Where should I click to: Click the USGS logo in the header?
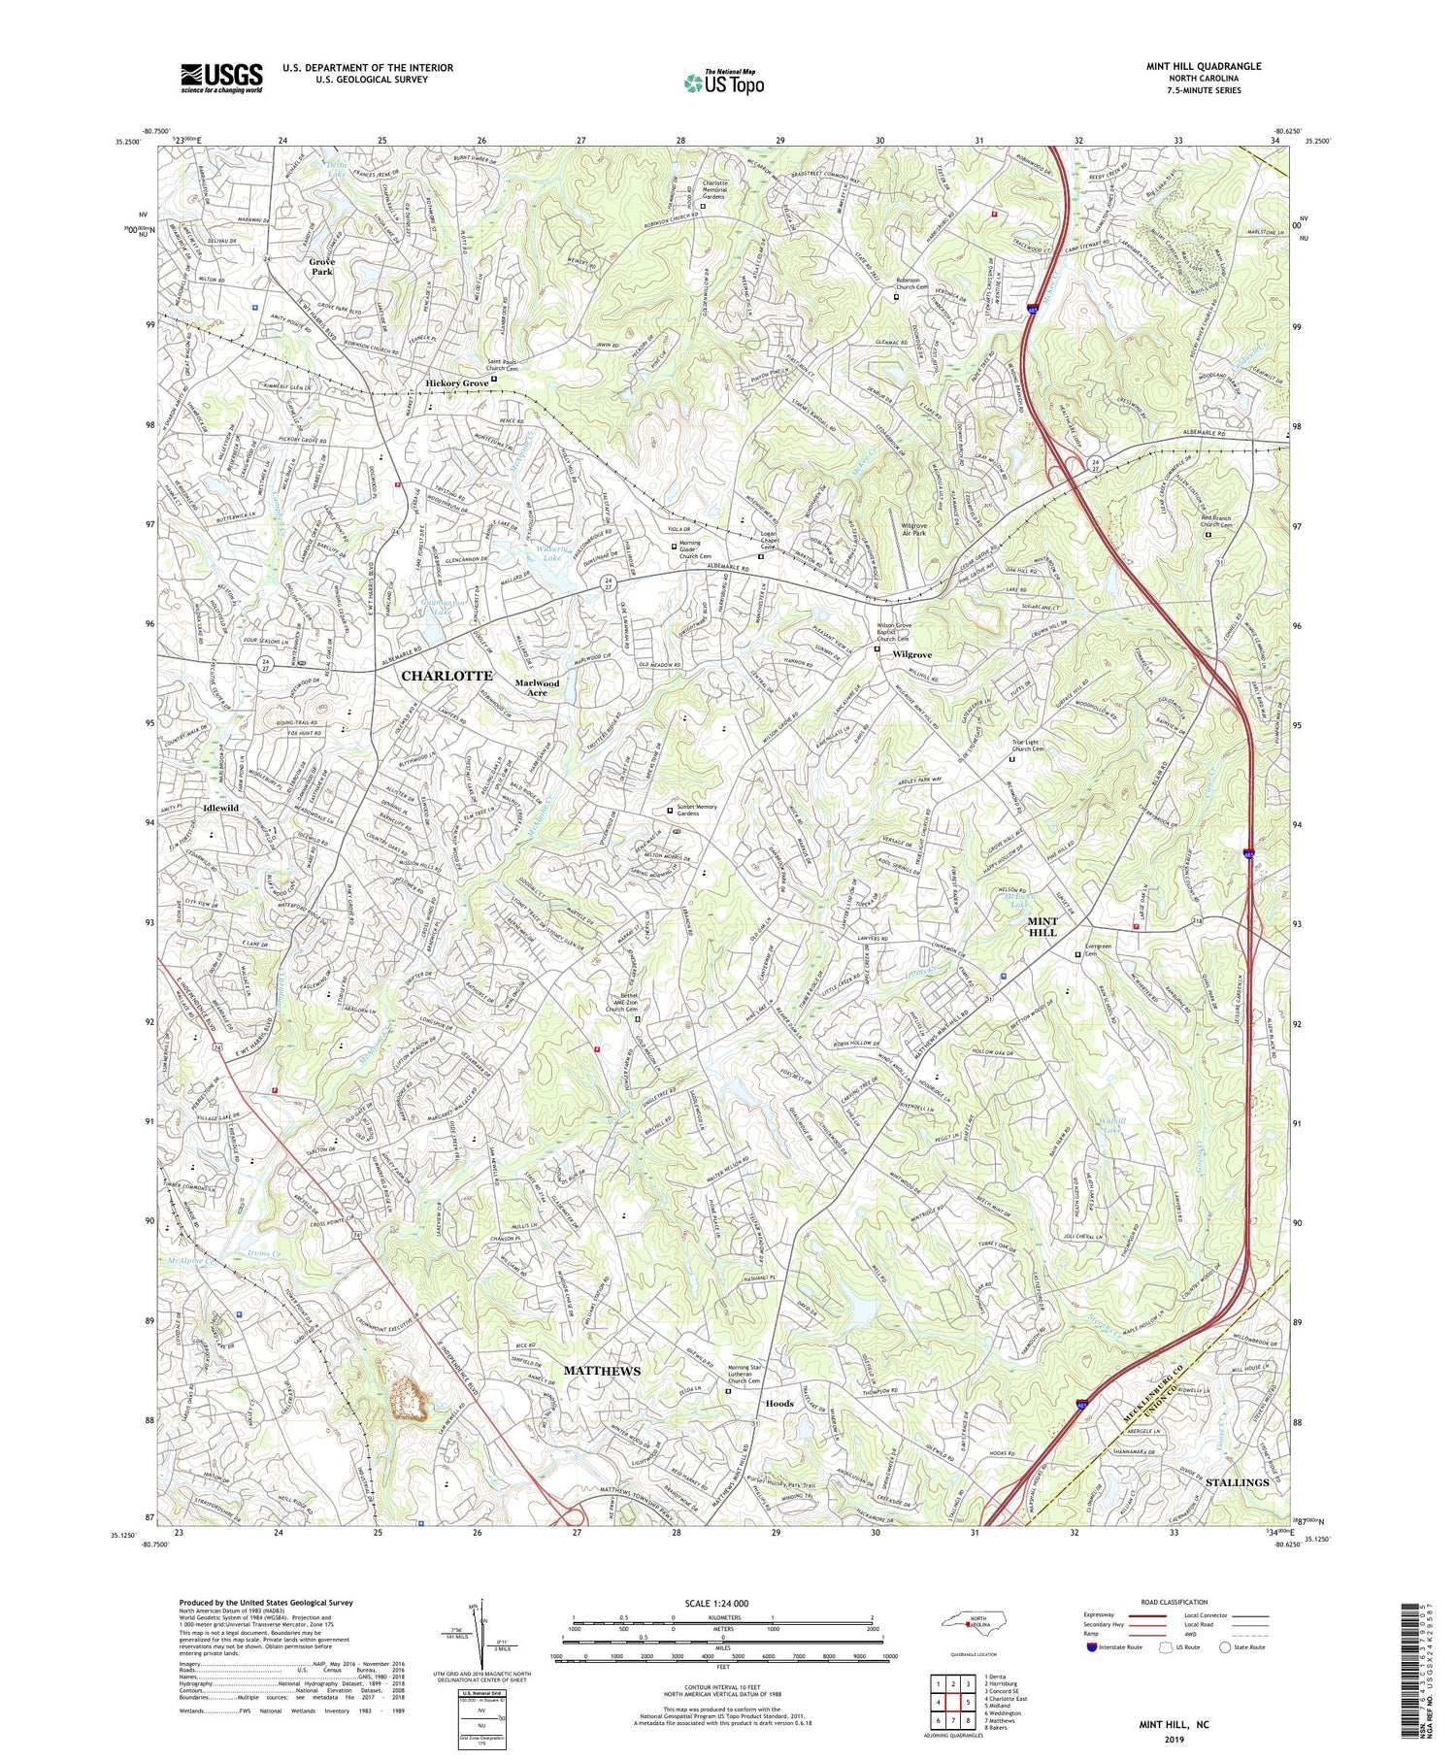pyautogui.click(x=221, y=78)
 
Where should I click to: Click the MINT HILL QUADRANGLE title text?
pyautogui.click(x=1202, y=66)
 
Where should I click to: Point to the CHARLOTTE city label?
pyautogui.click(x=447, y=675)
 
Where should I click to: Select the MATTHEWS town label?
pyautogui.click(x=602, y=1370)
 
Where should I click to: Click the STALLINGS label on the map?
pyautogui.click(x=1237, y=1482)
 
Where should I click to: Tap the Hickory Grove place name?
pyautogui.click(x=457, y=383)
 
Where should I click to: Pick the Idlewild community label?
pyautogui.click(x=221, y=808)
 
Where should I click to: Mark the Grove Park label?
pyautogui.click(x=321, y=267)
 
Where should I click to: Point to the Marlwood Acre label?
pyautogui.click(x=538, y=687)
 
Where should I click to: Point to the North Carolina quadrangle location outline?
pyautogui.click(x=970, y=1623)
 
